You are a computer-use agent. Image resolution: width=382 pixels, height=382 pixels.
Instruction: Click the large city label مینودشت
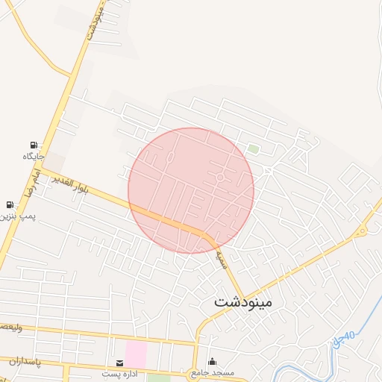tap(243, 303)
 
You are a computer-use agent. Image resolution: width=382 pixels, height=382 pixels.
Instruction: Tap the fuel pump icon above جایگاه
tap(34, 145)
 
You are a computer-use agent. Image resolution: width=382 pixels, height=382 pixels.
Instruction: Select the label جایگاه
tap(34, 156)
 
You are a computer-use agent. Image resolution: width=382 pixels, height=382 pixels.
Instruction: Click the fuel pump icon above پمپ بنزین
tap(10, 204)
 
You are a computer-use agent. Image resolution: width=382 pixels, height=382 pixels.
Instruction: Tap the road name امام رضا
tap(33, 177)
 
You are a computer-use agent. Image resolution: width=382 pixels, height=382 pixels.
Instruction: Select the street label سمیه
tap(222, 260)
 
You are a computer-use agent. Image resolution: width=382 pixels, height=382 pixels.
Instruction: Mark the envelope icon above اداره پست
tap(120, 363)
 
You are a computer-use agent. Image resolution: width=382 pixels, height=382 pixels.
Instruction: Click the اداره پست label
tap(121, 373)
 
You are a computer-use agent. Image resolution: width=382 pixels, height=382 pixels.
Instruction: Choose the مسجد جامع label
tap(213, 372)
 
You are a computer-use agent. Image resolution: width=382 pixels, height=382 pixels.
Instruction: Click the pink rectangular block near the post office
tap(136, 354)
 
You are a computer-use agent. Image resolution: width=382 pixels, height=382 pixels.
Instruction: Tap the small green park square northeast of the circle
tap(254, 149)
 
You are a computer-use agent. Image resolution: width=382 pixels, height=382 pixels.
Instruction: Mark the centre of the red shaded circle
tap(191, 190)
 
